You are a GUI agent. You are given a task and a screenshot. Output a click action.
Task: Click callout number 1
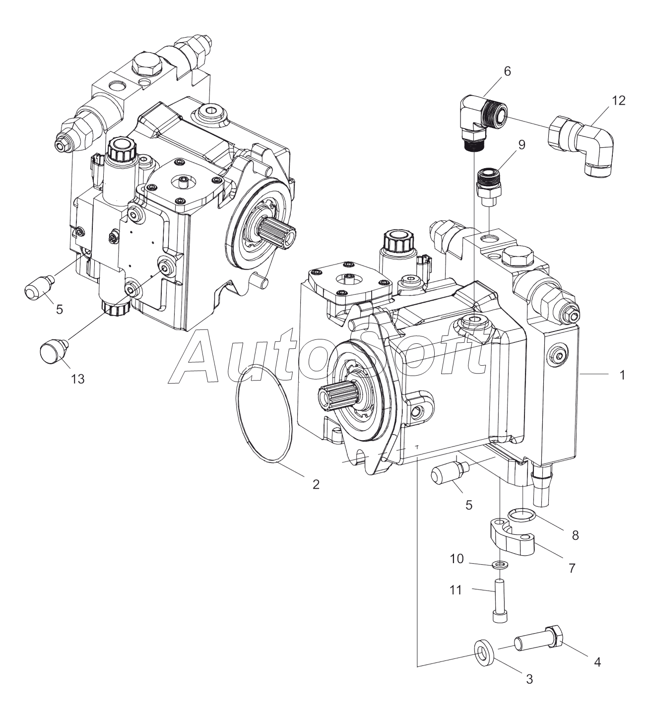pyautogui.click(x=621, y=376)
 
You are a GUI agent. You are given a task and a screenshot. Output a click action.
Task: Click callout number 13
pyautogui.click(x=77, y=379)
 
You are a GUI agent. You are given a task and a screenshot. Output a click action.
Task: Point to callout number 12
pyautogui.click(x=618, y=101)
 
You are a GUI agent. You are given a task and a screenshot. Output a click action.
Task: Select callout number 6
pyautogui.click(x=507, y=71)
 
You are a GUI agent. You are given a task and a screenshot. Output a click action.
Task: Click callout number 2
pyautogui.click(x=316, y=484)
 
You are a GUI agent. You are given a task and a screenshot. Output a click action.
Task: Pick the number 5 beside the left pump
pyautogui.click(x=60, y=310)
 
